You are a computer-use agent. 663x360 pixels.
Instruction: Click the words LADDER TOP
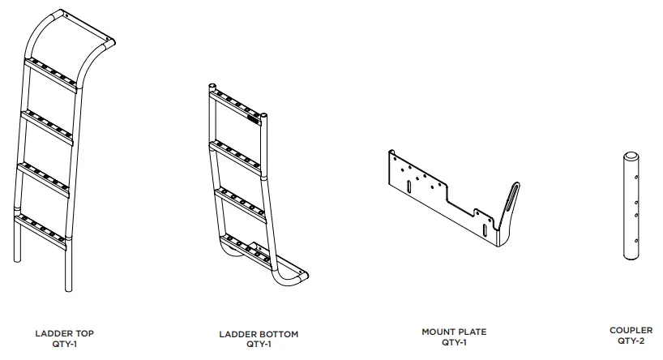coord(69,332)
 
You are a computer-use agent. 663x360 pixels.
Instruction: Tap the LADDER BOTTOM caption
coord(259,333)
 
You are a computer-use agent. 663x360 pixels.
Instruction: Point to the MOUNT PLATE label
coord(454,332)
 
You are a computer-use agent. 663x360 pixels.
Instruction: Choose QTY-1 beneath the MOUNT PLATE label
coord(454,341)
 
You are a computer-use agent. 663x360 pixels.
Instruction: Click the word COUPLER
coord(631,330)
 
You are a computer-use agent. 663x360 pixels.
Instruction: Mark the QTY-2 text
coord(631,341)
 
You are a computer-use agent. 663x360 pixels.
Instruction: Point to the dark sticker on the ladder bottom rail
coord(255,118)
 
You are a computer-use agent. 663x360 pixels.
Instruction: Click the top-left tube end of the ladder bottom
coord(212,85)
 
